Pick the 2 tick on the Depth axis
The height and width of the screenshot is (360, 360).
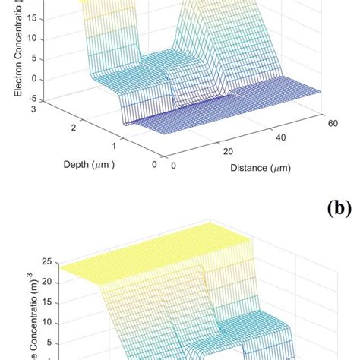tap(74, 129)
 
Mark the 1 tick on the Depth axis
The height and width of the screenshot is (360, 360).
tap(113, 146)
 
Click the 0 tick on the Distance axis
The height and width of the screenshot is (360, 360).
tap(174, 166)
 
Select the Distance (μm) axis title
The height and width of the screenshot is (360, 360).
tap(261, 168)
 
